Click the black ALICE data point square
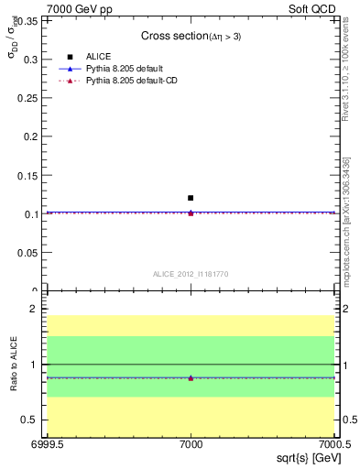coord(191,198)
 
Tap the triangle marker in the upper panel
coord(191,213)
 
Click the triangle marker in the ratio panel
coord(191,377)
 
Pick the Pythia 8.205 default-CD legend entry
coord(129,82)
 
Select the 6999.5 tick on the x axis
coord(46,445)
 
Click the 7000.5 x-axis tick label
coord(333,445)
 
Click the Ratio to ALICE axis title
coord(14,365)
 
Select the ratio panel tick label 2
coord(34,310)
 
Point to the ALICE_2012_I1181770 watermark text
coord(191,273)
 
